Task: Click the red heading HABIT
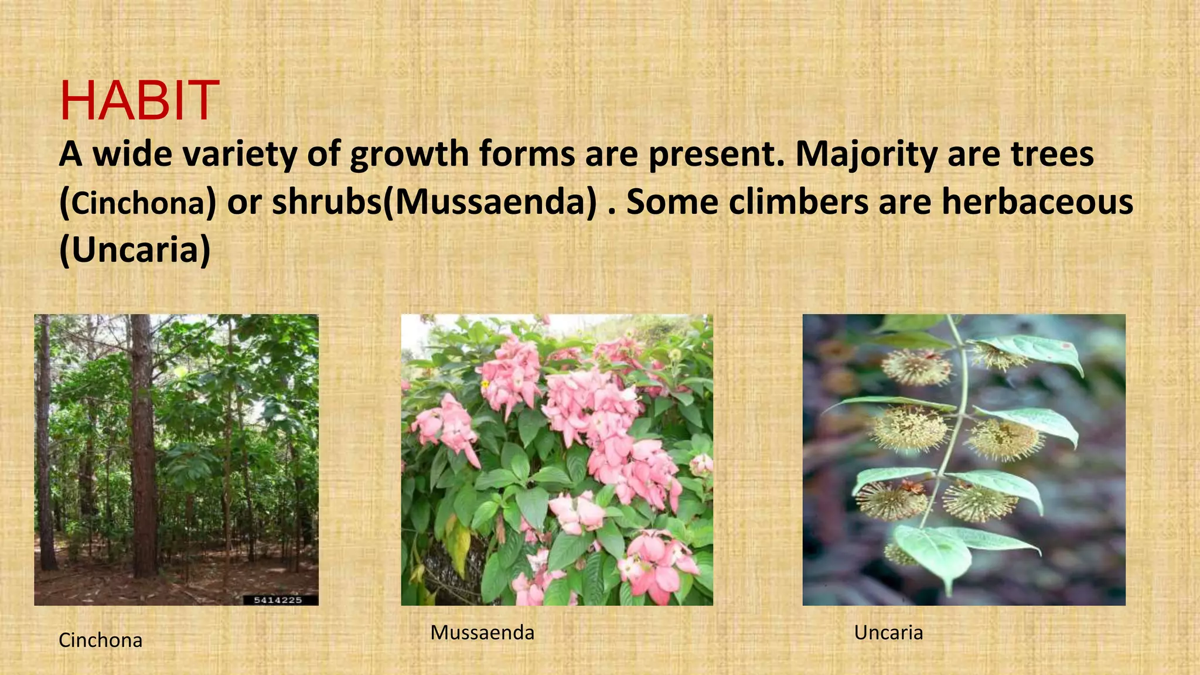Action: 139,101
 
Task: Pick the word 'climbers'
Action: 797,202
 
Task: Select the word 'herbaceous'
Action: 1037,202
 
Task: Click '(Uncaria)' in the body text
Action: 135,250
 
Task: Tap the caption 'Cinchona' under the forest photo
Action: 100,640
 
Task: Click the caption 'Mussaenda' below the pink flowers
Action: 482,633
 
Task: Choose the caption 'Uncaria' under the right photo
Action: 888,633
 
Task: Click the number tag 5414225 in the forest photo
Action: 278,600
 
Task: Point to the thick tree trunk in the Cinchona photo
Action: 142,445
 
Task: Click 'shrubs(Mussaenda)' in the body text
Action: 434,202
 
